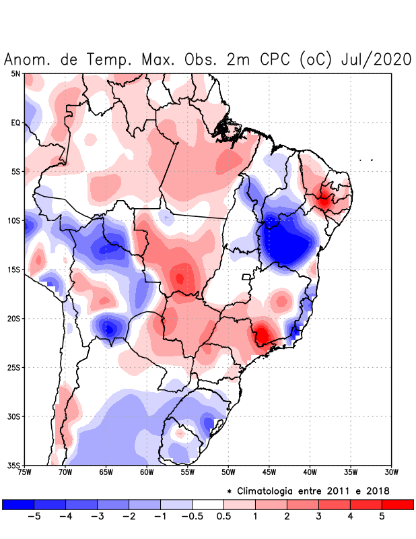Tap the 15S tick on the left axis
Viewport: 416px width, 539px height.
point(13,269)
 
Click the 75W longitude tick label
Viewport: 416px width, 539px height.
point(25,472)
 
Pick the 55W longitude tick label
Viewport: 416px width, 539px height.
point(188,472)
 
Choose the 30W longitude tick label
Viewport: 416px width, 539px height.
point(392,472)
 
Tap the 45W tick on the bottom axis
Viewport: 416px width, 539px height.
point(269,472)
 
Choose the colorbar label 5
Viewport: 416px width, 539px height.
point(382,517)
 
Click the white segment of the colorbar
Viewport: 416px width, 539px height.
point(208,504)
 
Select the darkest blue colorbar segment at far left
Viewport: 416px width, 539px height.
point(18,504)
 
